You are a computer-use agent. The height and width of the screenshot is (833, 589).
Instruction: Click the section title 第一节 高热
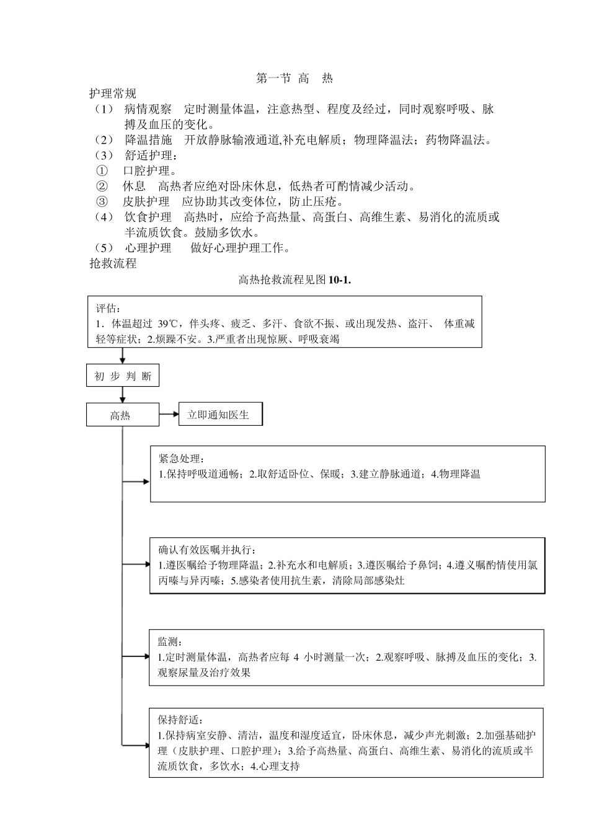(x=294, y=79)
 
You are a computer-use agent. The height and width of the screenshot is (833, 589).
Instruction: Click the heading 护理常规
(x=112, y=94)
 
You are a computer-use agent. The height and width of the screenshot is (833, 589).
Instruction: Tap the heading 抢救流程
(x=112, y=264)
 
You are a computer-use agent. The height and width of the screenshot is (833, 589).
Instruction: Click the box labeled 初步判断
(x=123, y=376)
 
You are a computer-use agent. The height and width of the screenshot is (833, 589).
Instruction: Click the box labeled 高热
(x=122, y=415)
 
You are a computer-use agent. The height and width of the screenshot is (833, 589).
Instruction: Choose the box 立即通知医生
(x=220, y=415)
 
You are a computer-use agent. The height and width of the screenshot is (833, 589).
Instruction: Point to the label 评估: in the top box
(x=108, y=309)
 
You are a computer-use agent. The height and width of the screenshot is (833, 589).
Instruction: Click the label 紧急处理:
(x=180, y=459)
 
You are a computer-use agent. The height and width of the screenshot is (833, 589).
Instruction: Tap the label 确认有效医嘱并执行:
(x=207, y=550)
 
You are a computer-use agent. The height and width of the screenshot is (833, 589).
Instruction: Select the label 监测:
(x=170, y=641)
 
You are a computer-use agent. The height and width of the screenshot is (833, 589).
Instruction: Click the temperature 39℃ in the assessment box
(x=167, y=324)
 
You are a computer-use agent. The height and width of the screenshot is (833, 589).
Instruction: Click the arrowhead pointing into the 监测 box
(x=146, y=656)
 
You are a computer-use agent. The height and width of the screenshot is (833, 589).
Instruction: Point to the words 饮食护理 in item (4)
(x=148, y=218)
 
